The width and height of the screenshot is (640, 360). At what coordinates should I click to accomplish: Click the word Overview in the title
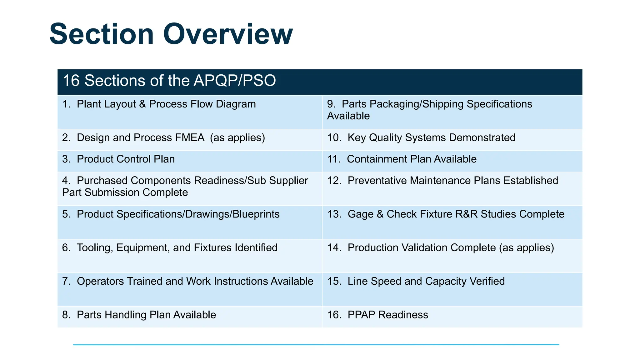coord(227,34)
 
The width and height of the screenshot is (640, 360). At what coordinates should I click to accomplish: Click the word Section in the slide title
coord(102,34)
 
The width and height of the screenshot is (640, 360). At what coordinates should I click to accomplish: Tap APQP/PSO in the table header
coord(235,81)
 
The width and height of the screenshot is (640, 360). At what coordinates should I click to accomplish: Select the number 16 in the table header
coord(71,81)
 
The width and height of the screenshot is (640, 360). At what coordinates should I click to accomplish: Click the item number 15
coord(334,281)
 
